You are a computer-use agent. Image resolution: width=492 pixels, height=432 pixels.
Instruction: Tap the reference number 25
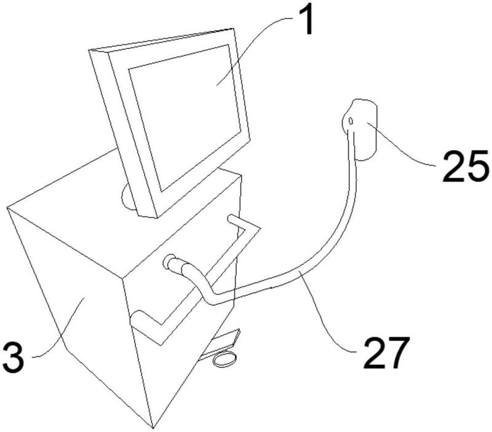pos(466,166)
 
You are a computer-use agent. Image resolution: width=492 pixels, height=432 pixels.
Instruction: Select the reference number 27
pos(387,352)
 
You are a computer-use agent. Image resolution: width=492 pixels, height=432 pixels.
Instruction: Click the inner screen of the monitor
pos(184,117)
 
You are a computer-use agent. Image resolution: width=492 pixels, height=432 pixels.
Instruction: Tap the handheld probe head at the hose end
pos(360,129)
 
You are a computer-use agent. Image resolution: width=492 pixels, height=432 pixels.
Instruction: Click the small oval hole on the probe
pos(351,120)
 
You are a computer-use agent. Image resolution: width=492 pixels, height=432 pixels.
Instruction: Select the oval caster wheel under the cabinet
pos(224,359)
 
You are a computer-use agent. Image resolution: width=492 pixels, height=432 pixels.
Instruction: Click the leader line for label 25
pos(401,147)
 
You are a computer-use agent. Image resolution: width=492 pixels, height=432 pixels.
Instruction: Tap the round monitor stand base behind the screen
pos(128,197)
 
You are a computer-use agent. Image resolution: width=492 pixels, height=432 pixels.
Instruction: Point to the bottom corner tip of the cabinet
pos(153,428)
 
